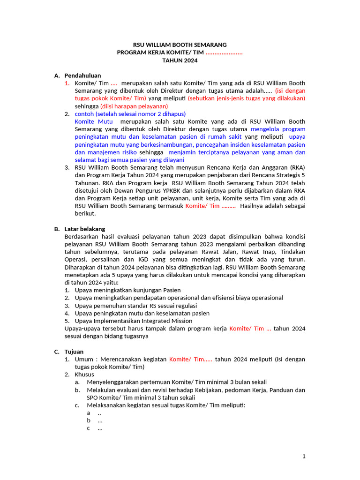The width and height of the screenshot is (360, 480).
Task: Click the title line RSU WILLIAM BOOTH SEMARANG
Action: pyautogui.click(x=180, y=45)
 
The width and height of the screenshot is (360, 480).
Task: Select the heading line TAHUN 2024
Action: pyautogui.click(x=180, y=60)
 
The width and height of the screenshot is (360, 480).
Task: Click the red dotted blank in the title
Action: pyautogui.click(x=224, y=53)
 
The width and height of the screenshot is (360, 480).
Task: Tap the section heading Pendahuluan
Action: pyautogui.click(x=82, y=75)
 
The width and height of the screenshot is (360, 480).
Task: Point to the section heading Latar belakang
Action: pyautogui.click(x=85, y=229)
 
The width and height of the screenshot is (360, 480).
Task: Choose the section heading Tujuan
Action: pyautogui.click(x=74, y=352)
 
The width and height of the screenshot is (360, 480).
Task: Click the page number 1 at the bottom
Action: pyautogui.click(x=304, y=456)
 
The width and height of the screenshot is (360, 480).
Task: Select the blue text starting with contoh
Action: pyautogui.click(x=130, y=114)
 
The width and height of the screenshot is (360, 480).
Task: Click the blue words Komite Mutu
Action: pyautogui.click(x=94, y=121)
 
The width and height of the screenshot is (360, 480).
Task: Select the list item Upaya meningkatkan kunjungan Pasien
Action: pyautogui.click(x=127, y=290)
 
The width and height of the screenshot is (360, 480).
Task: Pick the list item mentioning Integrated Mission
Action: pyautogui.click(x=134, y=321)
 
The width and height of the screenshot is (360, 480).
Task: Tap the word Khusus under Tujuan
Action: pyautogui.click(x=84, y=375)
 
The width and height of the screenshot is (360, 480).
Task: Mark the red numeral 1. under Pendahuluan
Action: pyautogui.click(x=67, y=83)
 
